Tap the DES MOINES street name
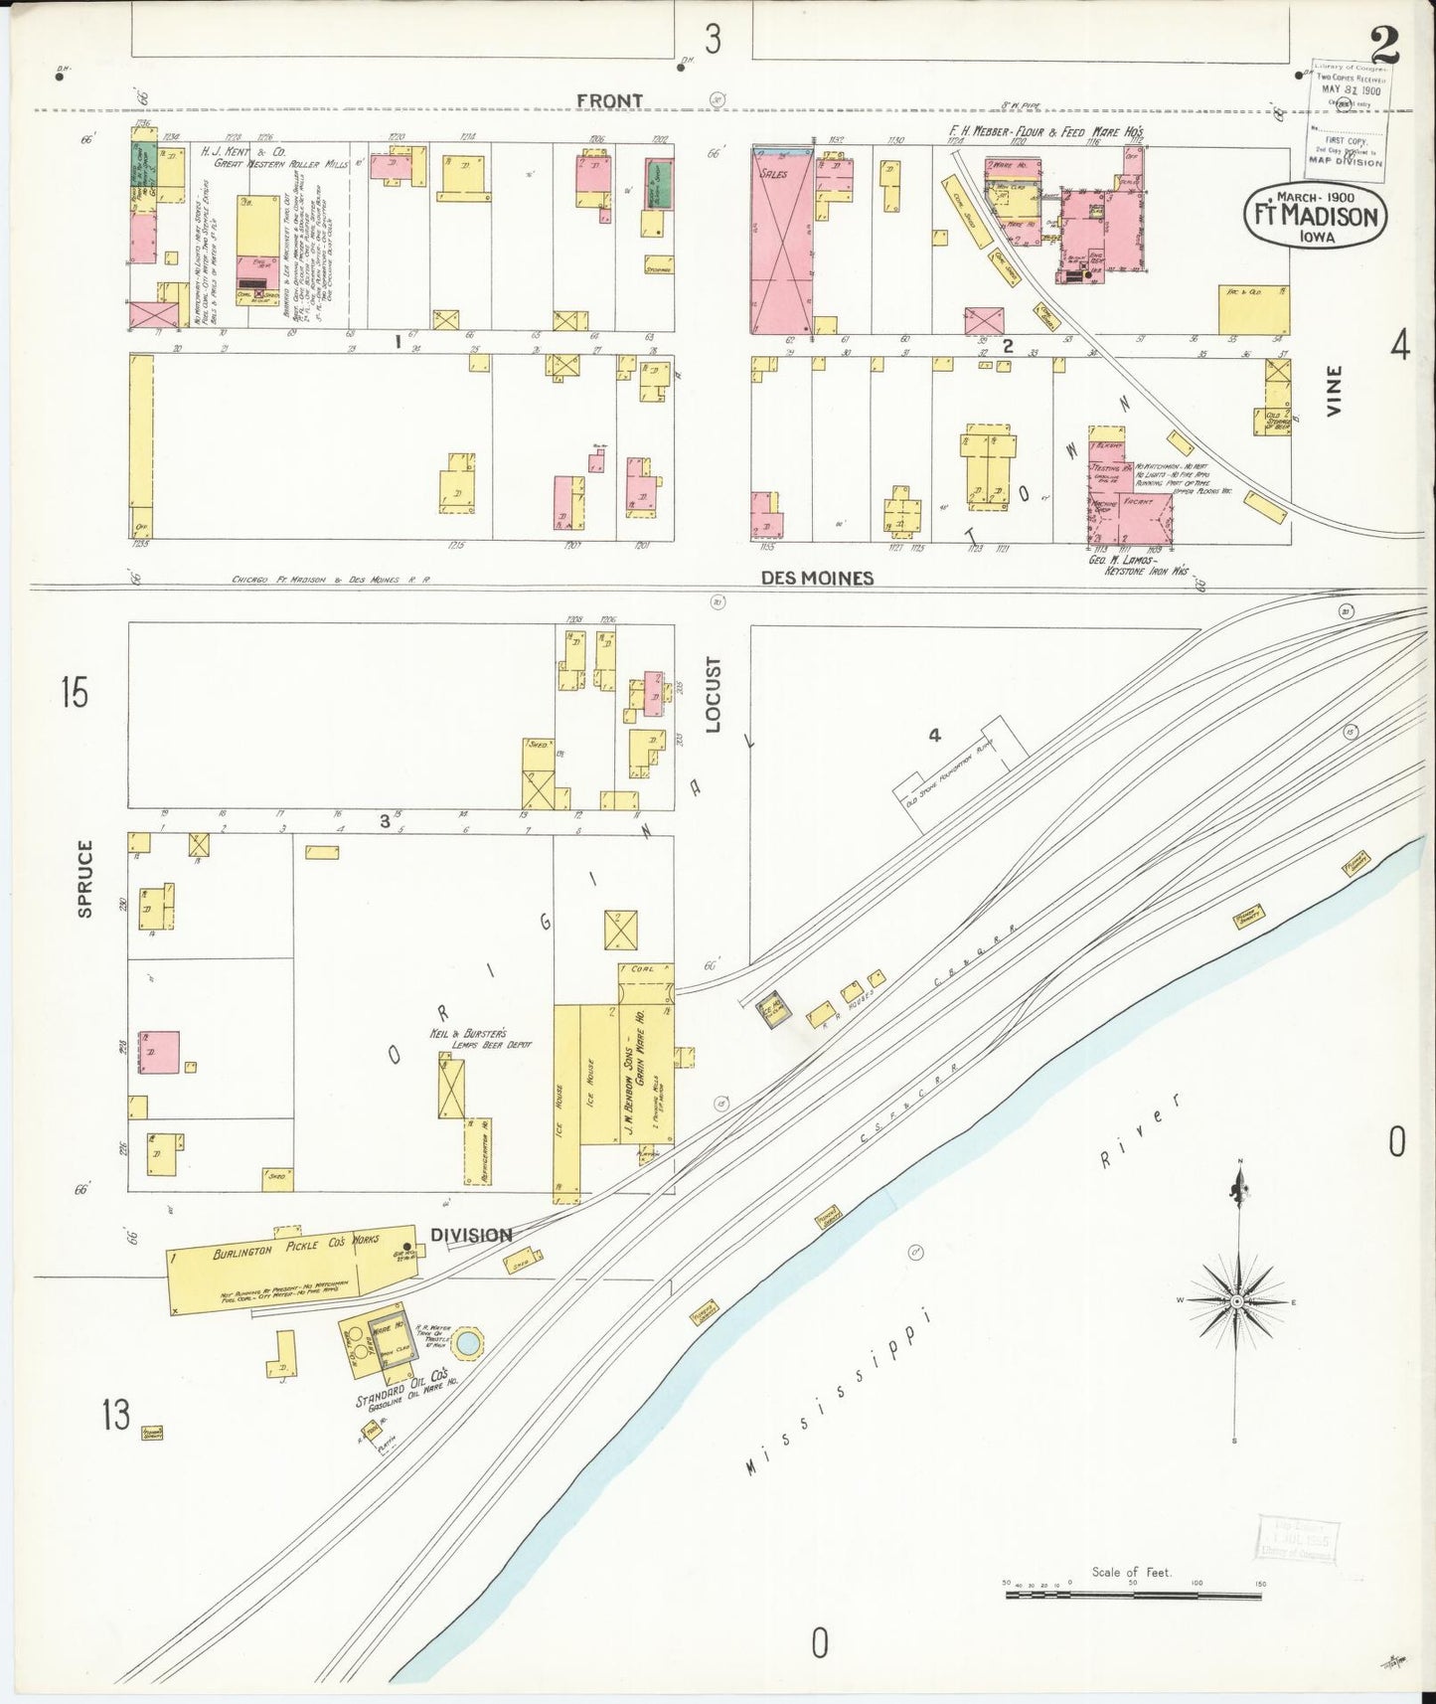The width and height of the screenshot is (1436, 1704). [817, 578]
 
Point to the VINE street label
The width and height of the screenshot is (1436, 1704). [1334, 392]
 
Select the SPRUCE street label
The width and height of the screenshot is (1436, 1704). [84, 878]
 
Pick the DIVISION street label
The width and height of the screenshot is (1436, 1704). [471, 1235]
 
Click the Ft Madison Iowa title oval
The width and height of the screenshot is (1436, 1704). [1315, 214]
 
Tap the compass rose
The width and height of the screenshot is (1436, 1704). [1237, 1300]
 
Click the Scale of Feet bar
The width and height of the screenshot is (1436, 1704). [1133, 1594]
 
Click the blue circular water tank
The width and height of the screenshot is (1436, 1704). [466, 1343]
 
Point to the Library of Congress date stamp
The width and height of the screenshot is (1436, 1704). [1350, 119]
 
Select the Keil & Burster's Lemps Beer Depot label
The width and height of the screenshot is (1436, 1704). [480, 1039]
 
